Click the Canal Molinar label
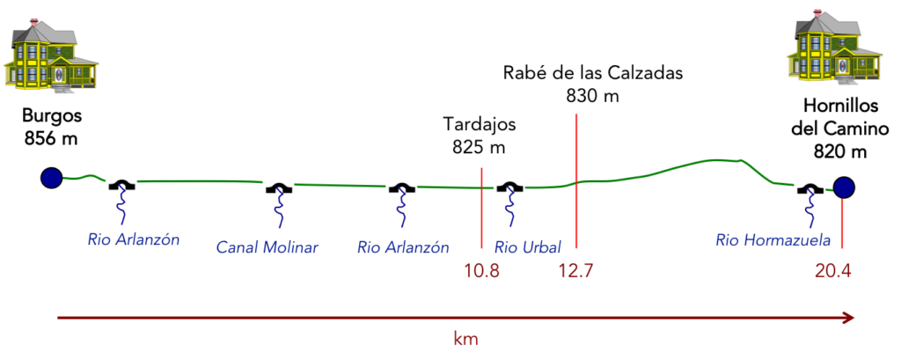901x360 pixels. pyautogui.click(x=267, y=247)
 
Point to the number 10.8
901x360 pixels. pyautogui.click(x=482, y=271)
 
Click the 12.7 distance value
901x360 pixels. pyautogui.click(x=575, y=271)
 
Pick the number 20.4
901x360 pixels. pyautogui.click(x=833, y=271)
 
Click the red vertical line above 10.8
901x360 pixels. pyautogui.click(x=482, y=207)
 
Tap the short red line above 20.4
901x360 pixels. pyautogui.click(x=842, y=224)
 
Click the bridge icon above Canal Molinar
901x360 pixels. pyautogui.click(x=279, y=187)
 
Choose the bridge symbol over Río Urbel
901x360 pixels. pyautogui.click(x=509, y=187)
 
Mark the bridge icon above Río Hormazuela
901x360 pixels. pyautogui.click(x=809, y=187)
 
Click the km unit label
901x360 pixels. pyautogui.click(x=465, y=338)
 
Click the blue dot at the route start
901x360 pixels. pyautogui.click(x=52, y=178)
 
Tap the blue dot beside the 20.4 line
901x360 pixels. pyautogui.click(x=844, y=187)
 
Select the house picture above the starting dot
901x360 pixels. pyautogui.click(x=50, y=52)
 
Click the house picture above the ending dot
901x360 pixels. pyautogui.click(x=833, y=47)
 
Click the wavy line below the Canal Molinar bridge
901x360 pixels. pyautogui.click(x=281, y=212)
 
